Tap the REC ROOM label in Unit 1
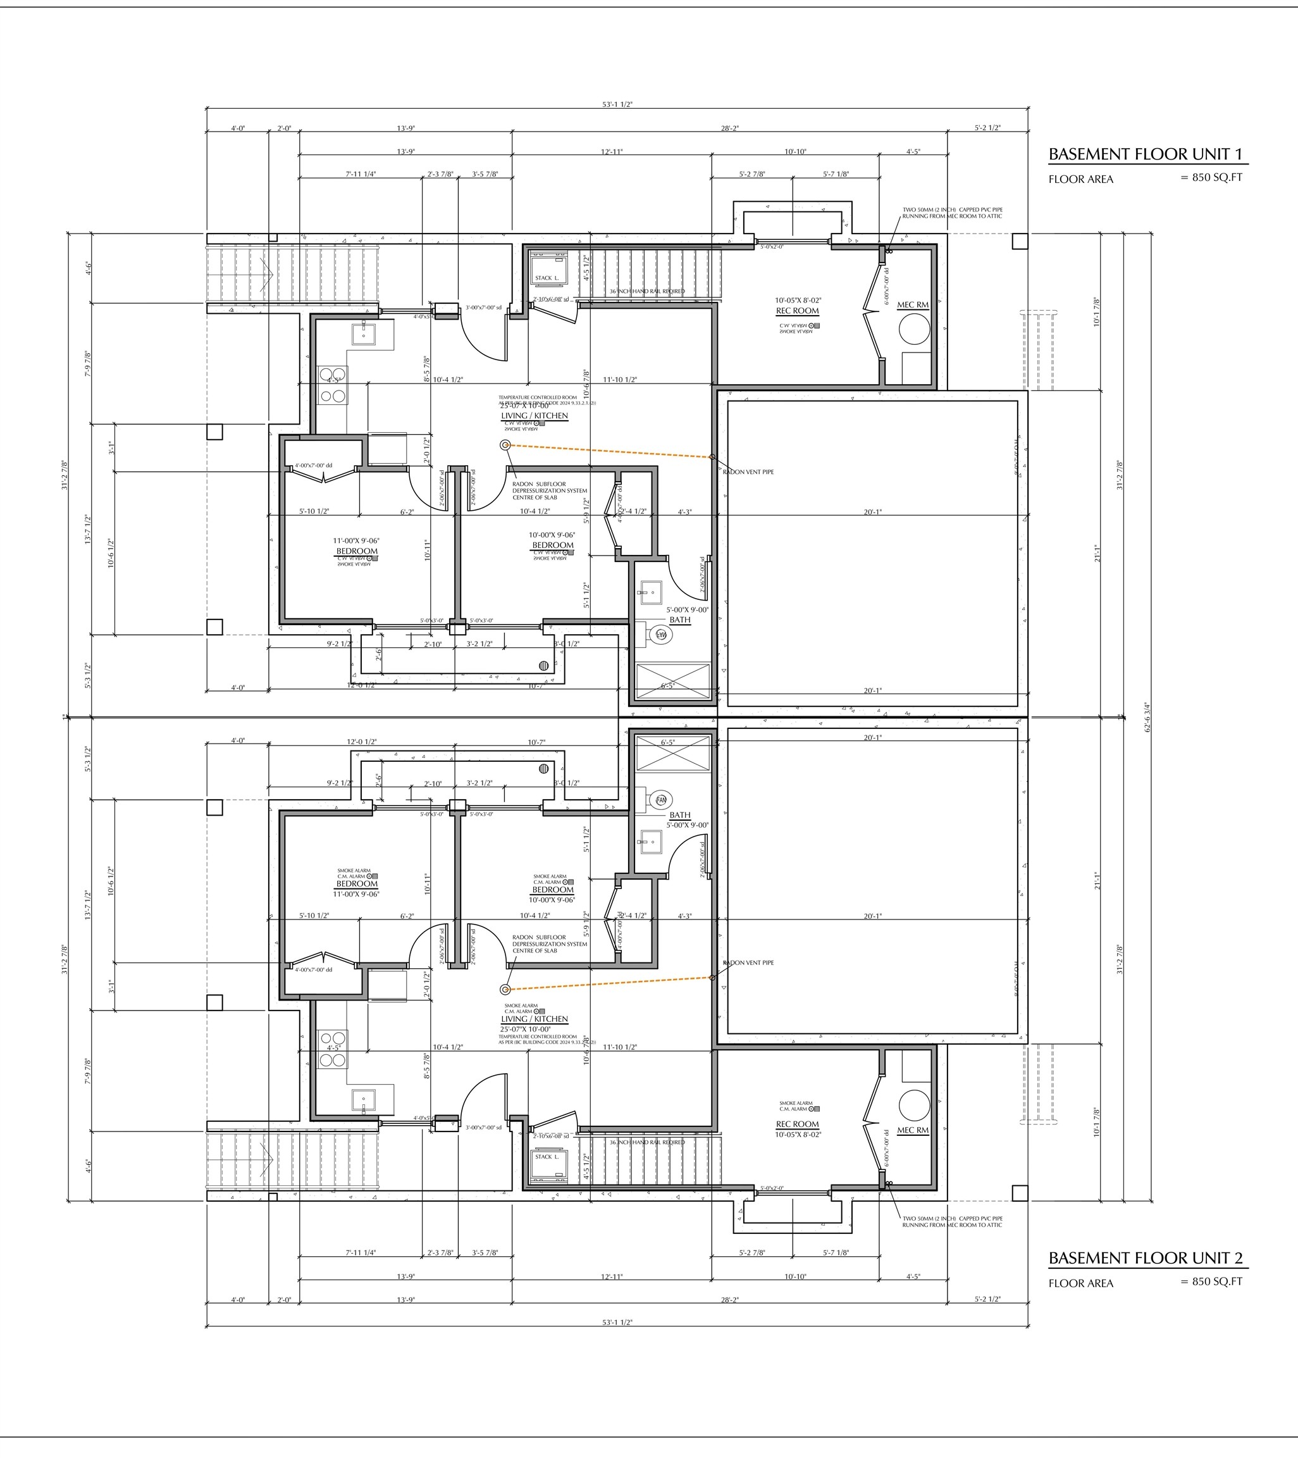tap(798, 311)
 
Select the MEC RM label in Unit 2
tap(913, 1131)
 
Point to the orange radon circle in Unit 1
tap(505, 445)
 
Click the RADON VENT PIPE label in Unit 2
tap(748, 963)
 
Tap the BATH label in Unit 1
tap(679, 620)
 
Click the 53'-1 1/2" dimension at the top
tap(617, 104)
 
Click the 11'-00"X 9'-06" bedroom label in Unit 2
tap(357, 894)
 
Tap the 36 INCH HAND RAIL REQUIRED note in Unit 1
tap(647, 291)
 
